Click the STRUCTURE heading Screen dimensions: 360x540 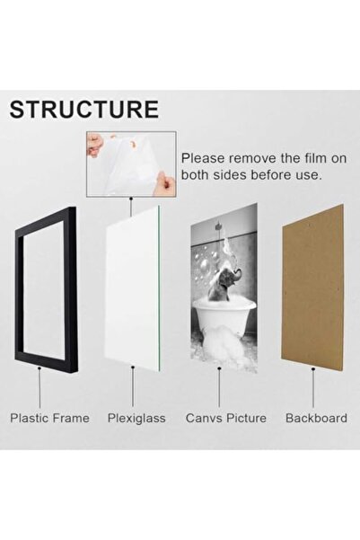coord(84,110)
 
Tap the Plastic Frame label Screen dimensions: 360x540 coord(49,418)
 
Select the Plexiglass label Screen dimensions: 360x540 coord(136,419)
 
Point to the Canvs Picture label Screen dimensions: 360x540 coord(226,418)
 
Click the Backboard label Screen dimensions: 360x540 coord(316,418)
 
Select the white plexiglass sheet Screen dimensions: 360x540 coord(133,288)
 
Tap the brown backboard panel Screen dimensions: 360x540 coord(312,288)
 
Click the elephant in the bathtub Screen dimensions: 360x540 coord(227,282)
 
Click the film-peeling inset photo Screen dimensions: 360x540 coord(131,164)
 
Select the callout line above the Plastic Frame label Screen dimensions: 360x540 coord(40,388)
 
